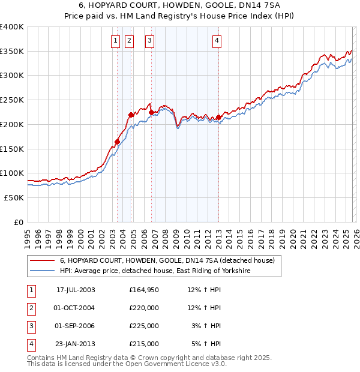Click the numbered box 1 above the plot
[115, 41]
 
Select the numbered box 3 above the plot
[149, 41]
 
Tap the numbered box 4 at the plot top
[217, 41]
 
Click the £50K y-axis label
[14, 197]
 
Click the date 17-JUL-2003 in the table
[76, 290]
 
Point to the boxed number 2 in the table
[31, 308]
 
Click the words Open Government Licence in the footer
[176, 364]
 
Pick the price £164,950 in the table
[144, 290]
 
